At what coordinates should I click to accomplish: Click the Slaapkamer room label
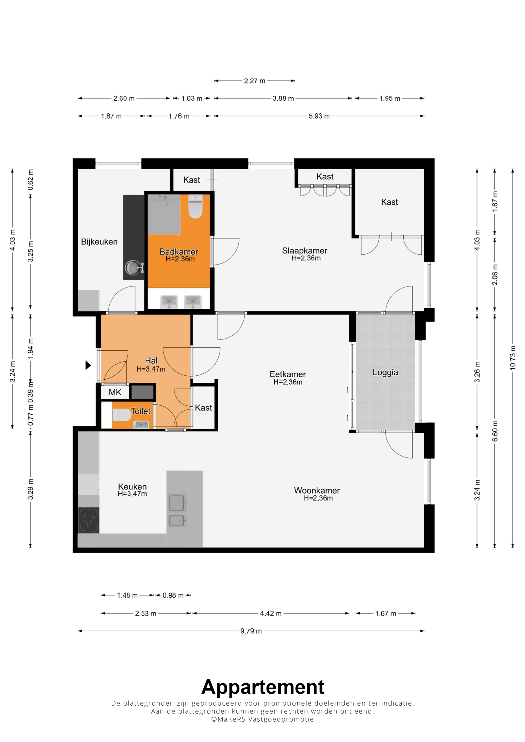[304, 250]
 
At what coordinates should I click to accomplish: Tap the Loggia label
[385, 372]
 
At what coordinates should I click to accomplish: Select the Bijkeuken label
[99, 242]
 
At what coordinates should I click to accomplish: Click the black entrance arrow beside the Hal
[88, 365]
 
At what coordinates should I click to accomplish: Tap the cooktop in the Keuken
[89, 520]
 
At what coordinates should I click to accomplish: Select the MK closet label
[115, 392]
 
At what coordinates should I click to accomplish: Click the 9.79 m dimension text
[251, 631]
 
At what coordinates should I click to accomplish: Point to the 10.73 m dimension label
[512, 358]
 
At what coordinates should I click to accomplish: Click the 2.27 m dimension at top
[254, 81]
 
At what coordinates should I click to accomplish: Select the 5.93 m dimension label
[319, 116]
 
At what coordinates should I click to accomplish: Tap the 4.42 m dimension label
[271, 613]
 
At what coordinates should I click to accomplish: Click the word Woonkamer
[317, 490]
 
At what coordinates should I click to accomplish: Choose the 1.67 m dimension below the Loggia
[385, 613]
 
